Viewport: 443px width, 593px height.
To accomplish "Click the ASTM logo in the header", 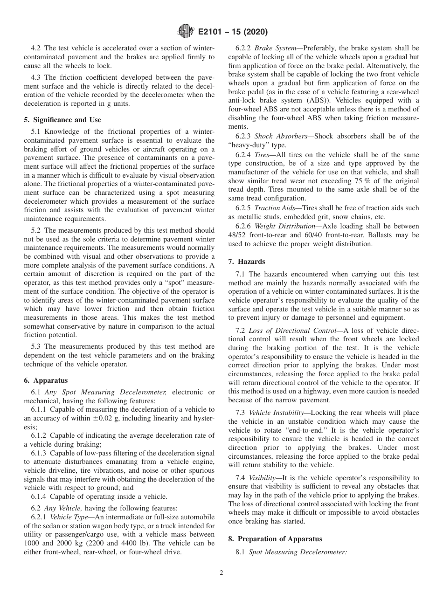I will [x=186, y=32].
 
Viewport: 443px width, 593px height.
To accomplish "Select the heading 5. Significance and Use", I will [x=62, y=120].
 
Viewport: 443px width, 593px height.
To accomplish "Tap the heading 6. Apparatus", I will [x=46, y=380].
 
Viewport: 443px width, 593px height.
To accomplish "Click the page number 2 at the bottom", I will [x=221, y=573].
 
